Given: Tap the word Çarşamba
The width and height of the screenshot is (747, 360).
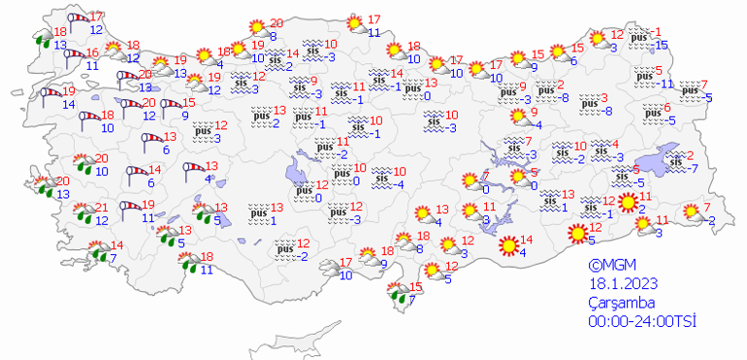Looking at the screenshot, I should point(621,303).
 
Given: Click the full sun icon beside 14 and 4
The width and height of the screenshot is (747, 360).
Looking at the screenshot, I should point(506,246).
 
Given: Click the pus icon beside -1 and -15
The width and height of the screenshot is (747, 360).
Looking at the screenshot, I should point(639,40).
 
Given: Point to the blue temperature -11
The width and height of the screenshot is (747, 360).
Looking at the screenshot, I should point(666,83).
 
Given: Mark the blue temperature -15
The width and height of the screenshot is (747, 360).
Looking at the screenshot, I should point(663,46).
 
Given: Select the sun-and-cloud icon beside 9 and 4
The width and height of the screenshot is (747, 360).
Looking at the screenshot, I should point(519,118).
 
